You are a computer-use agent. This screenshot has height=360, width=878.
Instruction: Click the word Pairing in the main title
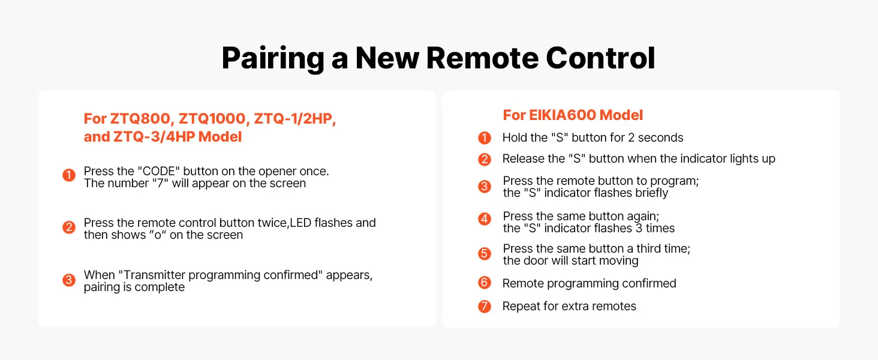(x=273, y=59)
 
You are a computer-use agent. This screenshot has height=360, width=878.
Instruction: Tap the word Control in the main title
(x=600, y=58)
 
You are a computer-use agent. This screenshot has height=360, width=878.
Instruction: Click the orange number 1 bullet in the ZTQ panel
(x=69, y=175)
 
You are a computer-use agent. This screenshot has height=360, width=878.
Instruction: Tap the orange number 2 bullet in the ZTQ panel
(x=69, y=227)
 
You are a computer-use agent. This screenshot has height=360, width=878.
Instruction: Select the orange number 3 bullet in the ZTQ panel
(x=69, y=280)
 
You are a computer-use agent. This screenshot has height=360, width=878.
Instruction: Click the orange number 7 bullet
(x=485, y=306)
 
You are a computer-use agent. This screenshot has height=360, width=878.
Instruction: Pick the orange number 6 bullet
(x=485, y=283)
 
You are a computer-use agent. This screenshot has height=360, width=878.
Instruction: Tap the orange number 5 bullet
(x=485, y=253)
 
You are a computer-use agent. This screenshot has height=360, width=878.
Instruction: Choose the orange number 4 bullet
(x=485, y=218)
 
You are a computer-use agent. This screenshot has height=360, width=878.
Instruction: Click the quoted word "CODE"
(x=158, y=171)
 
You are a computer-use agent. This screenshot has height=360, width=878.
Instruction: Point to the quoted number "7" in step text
(x=160, y=183)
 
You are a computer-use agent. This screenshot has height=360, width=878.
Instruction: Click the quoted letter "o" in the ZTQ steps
(x=158, y=235)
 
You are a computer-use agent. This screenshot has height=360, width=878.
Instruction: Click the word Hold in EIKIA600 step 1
(x=515, y=137)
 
